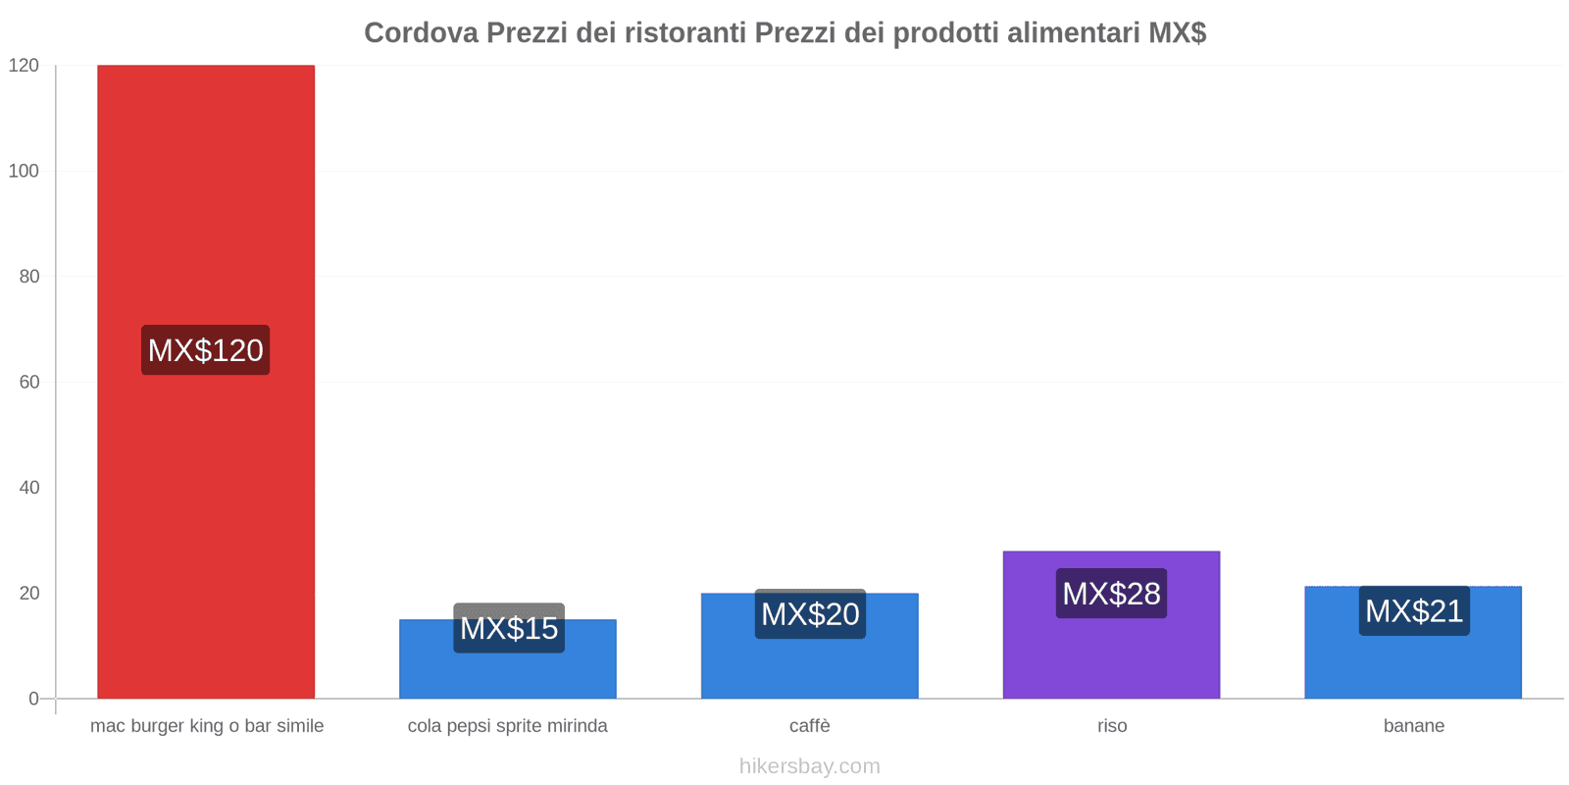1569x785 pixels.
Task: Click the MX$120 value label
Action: pyautogui.click(x=206, y=350)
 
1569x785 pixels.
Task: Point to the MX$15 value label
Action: pyautogui.click(x=509, y=628)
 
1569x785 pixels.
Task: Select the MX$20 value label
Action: pyautogui.click(x=810, y=614)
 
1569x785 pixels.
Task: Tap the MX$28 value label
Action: pyautogui.click(x=1111, y=594)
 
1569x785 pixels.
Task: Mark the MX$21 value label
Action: pyautogui.click(x=1414, y=611)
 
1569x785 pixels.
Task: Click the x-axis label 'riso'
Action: pyautogui.click(x=1112, y=726)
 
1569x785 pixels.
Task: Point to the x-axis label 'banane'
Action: pyautogui.click(x=1413, y=726)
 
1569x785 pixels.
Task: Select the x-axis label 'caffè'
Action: pyautogui.click(x=810, y=726)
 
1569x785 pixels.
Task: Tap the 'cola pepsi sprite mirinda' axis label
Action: pyautogui.click(x=508, y=726)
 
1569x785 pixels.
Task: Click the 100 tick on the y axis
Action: pyautogui.click(x=24, y=171)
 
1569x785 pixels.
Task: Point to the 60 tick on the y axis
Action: pyautogui.click(x=29, y=382)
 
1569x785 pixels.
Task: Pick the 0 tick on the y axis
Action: pyautogui.click(x=34, y=699)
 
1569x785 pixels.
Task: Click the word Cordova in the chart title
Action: pyautogui.click(x=422, y=33)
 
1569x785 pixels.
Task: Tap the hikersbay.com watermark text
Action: pyautogui.click(x=810, y=766)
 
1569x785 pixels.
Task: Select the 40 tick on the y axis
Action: pyautogui.click(x=29, y=488)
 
